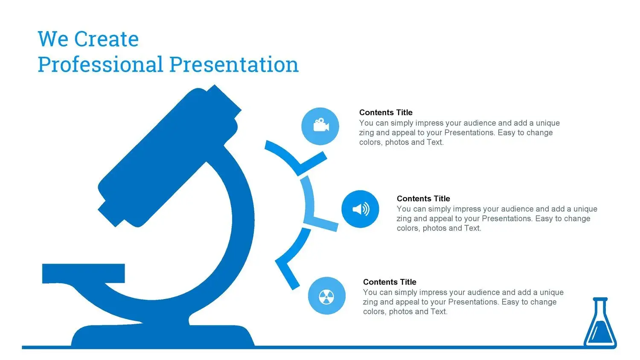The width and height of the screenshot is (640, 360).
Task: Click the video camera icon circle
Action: (320, 126)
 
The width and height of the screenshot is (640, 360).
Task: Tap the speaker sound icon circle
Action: (360, 209)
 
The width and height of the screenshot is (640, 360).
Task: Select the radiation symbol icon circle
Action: (326, 296)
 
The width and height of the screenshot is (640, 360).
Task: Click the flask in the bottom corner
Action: (600, 323)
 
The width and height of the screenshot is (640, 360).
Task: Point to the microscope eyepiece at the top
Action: (224, 102)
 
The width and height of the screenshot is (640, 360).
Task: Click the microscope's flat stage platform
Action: (84, 273)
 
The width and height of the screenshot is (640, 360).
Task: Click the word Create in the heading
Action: (106, 39)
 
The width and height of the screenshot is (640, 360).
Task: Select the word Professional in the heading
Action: (100, 64)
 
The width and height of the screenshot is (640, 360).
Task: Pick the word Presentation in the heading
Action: (234, 64)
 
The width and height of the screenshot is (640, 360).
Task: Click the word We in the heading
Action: (53, 39)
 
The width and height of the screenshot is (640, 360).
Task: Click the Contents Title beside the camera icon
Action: (386, 112)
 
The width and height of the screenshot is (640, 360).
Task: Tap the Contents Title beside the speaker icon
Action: (423, 198)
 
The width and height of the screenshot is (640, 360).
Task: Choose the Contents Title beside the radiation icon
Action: (390, 282)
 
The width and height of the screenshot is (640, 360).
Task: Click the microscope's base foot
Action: (163, 336)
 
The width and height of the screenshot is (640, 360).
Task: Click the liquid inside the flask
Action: (600, 331)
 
